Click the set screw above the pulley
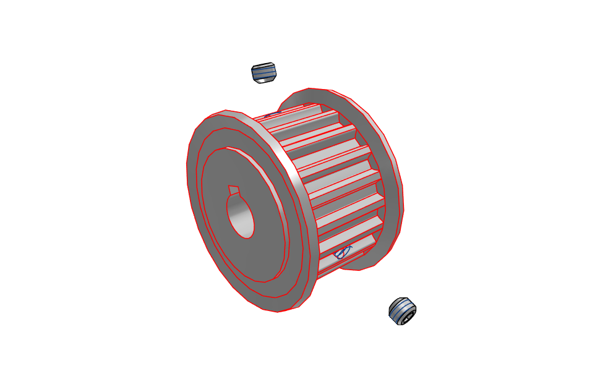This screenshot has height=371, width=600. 264,73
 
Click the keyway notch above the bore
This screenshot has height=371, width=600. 233,189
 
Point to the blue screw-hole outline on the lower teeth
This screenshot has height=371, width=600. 342,252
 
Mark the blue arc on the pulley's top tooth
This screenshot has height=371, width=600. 270,114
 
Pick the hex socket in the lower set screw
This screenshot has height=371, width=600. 407,319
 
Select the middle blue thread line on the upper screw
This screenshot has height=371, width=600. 264,73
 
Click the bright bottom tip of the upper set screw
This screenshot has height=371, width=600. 265,80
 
